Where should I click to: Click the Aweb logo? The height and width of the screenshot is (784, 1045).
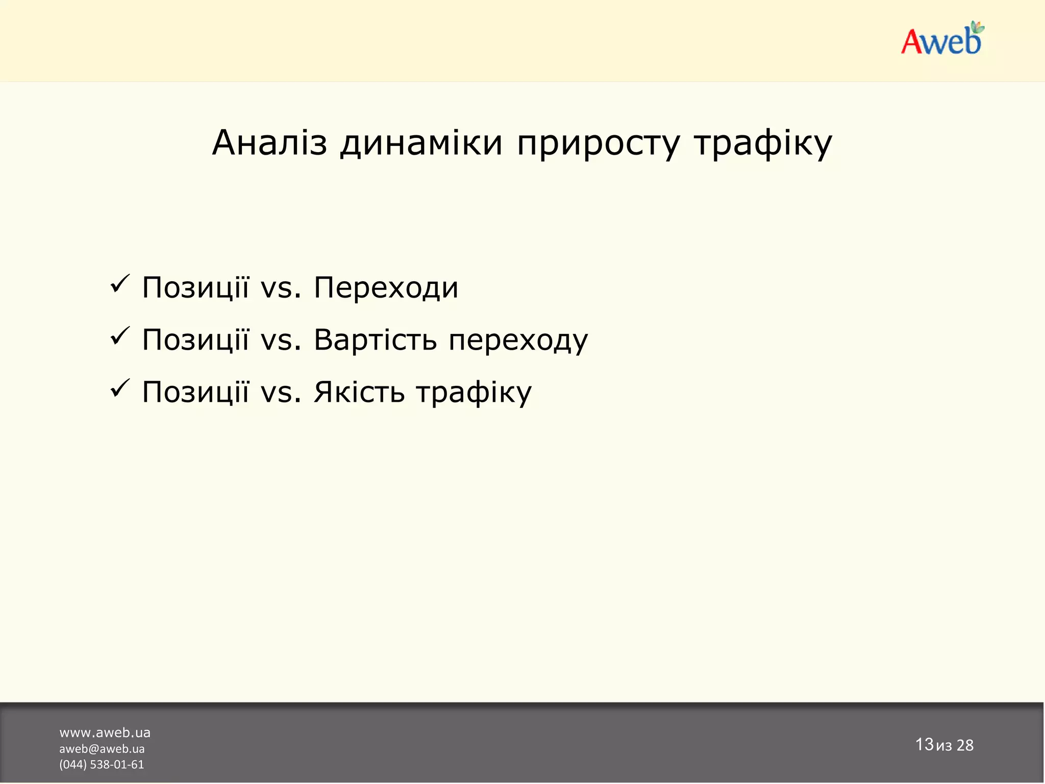pos(941,40)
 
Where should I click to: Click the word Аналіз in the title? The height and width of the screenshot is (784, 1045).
pos(269,143)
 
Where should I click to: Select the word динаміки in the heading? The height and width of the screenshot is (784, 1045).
pos(421,143)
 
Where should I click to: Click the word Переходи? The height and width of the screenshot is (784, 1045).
pos(386,288)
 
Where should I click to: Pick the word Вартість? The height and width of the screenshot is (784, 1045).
pos(375,340)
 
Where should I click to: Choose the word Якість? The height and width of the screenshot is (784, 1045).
pos(359,392)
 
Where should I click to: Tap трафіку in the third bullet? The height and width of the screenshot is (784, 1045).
pos(474,393)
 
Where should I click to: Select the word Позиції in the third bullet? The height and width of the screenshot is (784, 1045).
pos(195,392)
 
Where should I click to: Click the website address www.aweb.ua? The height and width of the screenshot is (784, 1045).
pos(105,732)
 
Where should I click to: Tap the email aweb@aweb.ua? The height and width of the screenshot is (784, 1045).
pos(102,749)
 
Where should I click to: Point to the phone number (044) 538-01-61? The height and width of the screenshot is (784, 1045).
pos(102,765)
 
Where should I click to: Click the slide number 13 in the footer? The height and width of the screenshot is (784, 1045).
pos(924,744)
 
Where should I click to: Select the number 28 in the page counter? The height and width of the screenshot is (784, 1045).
pos(965,745)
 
